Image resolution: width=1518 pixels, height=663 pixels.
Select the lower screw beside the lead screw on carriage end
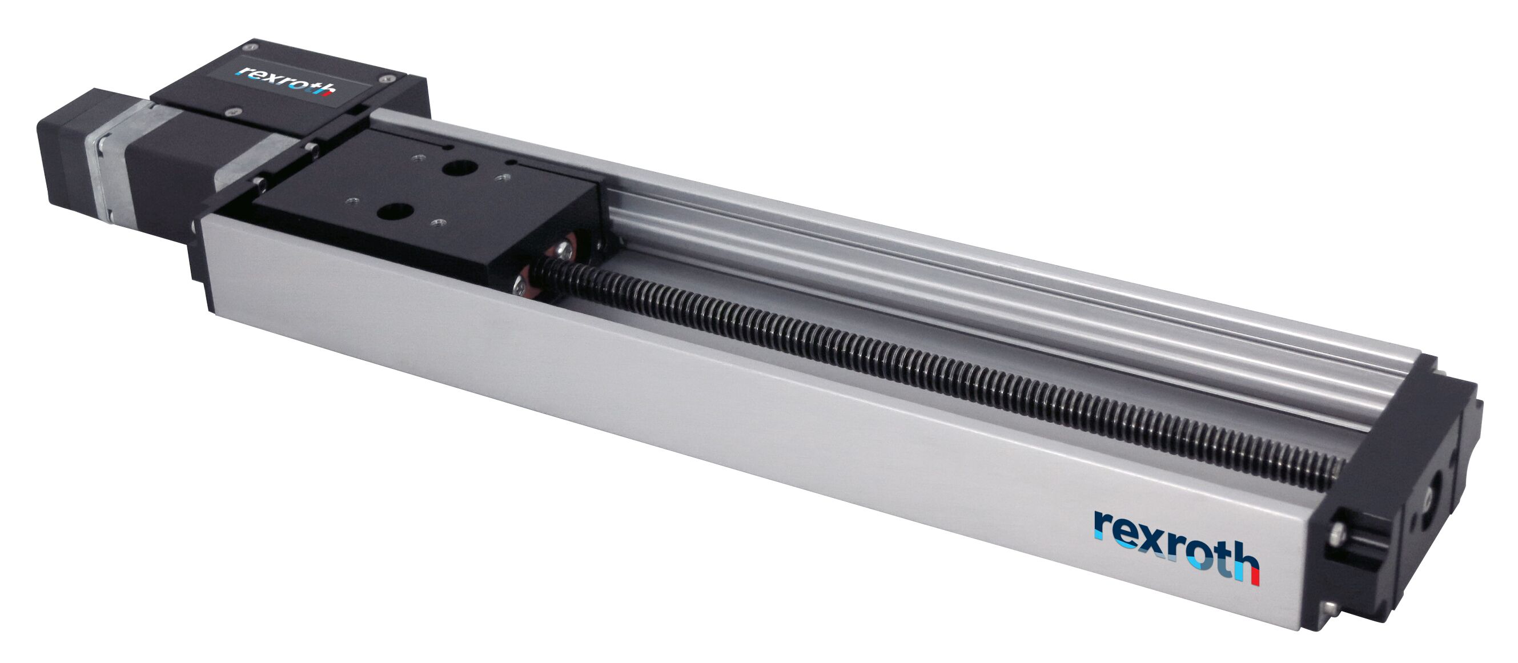point(524,285)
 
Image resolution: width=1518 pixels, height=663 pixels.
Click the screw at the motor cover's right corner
point(385,77)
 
